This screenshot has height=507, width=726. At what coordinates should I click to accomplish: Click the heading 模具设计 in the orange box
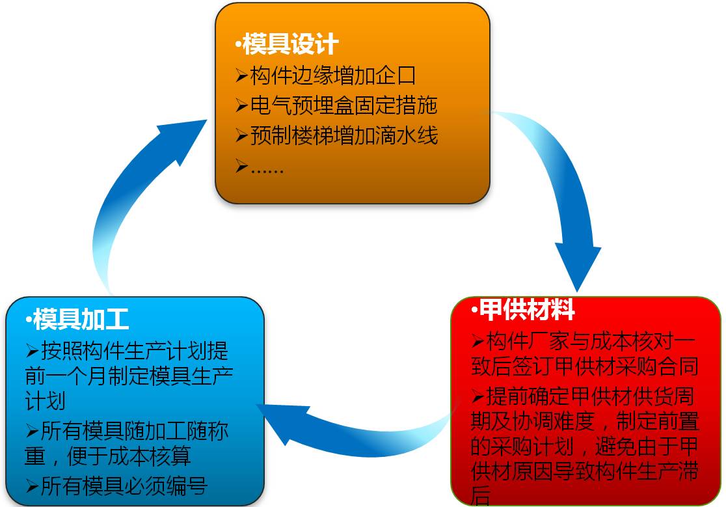(291, 44)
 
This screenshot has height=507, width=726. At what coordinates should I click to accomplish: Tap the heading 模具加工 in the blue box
(81, 319)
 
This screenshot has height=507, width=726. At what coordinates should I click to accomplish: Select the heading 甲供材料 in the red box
(527, 309)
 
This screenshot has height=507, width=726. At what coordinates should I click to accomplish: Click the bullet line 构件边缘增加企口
(333, 75)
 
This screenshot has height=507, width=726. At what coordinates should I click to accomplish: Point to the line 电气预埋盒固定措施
(343, 105)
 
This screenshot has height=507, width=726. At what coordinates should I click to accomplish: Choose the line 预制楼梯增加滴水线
(343, 135)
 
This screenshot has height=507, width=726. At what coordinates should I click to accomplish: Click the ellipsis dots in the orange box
(267, 171)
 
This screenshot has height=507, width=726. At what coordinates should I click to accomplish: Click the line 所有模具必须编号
(124, 486)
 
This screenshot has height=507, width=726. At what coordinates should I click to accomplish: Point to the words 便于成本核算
(129, 456)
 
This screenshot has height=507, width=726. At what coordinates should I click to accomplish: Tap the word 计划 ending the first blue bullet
(45, 401)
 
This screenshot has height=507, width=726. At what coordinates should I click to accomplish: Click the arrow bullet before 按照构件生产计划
(32, 351)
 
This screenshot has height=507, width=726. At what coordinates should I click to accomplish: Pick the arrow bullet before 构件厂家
(477, 342)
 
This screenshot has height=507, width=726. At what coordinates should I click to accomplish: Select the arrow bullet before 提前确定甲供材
(477, 396)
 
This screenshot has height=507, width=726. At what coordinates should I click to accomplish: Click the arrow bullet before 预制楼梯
(241, 135)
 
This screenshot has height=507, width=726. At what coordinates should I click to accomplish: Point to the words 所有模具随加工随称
(134, 431)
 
